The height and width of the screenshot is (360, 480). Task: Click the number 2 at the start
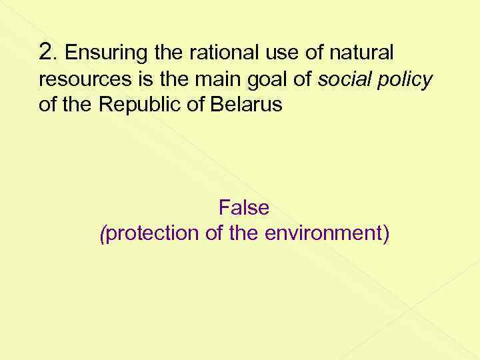pyautogui.click(x=45, y=52)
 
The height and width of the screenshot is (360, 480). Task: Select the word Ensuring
pyautogui.click(x=99, y=53)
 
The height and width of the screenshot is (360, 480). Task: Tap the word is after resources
pyautogui.click(x=133, y=80)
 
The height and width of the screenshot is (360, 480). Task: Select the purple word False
pyautogui.click(x=243, y=208)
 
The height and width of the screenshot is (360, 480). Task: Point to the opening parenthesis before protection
pyautogui.click(x=101, y=234)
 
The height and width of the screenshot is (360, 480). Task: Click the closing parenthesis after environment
pyautogui.click(x=386, y=234)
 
